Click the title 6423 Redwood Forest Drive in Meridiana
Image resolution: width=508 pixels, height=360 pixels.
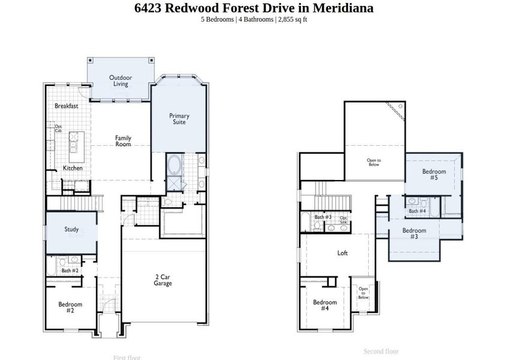tap(254, 8)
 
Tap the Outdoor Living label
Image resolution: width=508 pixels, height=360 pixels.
tap(121, 80)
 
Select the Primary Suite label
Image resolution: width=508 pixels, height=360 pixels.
tap(179, 119)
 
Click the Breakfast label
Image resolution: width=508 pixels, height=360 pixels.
tap(66, 106)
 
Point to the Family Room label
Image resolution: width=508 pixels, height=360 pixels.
tap(123, 141)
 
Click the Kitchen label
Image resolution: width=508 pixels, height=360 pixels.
tap(73, 168)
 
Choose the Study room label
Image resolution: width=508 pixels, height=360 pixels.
tap(71, 229)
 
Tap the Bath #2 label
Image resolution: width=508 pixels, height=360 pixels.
tap(70, 271)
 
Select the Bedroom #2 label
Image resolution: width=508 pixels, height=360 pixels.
tap(70, 307)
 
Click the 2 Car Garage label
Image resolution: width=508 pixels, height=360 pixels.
tap(163, 280)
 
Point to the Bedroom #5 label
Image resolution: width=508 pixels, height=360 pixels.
tap(434, 175)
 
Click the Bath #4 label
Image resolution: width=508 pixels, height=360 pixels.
tap(417, 211)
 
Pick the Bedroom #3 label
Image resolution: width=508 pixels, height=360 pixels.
tap(414, 233)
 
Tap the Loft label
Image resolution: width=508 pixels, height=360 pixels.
tap(342, 253)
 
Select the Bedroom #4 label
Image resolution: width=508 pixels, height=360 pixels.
tap(324, 305)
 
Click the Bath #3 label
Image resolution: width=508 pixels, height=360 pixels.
tap(323, 217)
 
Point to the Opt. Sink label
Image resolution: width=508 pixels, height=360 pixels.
tap(344, 220)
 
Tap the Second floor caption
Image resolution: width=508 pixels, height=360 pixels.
tap(381, 352)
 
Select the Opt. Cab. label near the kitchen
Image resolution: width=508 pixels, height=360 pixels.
tap(58, 128)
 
